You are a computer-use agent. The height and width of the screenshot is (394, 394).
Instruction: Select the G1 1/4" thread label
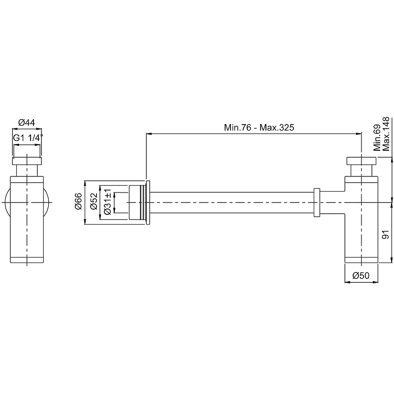pyautogui.click(x=28, y=138)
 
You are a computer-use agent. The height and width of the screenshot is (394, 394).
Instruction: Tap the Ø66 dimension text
pyautogui.click(x=77, y=202)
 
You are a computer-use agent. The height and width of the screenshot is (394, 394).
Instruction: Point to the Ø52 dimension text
pyautogui.click(x=94, y=202)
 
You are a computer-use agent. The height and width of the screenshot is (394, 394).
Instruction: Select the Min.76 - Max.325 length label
pyautogui.click(x=259, y=128)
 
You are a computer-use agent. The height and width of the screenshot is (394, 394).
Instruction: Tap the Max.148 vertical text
pyautogui.click(x=386, y=133)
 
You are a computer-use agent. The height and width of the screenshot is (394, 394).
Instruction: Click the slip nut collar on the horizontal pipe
pyautogui.click(x=317, y=202)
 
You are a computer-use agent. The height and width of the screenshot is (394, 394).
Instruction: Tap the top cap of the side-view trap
pyautogui.click(x=361, y=161)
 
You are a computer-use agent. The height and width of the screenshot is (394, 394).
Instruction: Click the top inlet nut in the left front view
pyautogui.click(x=27, y=162)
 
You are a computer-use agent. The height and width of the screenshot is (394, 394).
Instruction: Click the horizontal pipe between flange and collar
pyautogui.click(x=231, y=202)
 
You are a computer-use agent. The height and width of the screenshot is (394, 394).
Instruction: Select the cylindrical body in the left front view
pyautogui.click(x=27, y=222)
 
